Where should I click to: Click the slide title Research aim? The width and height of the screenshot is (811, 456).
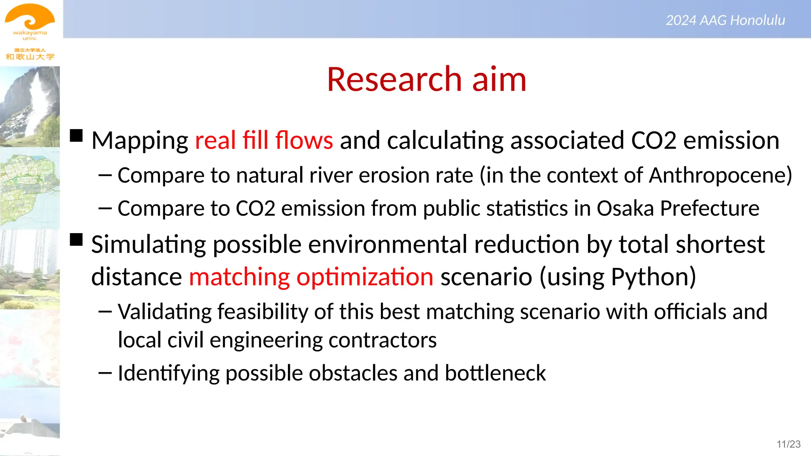(426, 79)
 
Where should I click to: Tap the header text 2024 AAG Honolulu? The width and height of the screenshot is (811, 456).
(725, 20)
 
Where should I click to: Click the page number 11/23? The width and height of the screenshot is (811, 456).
(788, 444)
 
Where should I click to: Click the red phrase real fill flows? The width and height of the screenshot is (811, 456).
(264, 140)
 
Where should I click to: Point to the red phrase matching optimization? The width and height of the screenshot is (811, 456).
(311, 277)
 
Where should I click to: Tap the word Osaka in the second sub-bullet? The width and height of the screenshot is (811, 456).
(625, 209)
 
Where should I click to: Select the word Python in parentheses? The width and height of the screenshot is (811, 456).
(649, 277)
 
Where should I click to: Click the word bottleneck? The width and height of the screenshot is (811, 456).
(495, 373)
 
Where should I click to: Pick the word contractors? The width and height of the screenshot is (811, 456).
(382, 340)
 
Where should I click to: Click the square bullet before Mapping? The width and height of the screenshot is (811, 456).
(76, 136)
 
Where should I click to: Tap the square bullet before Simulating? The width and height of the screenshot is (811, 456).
(76, 240)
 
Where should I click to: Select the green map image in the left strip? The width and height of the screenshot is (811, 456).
(30, 188)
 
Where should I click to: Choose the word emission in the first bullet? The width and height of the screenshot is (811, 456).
(731, 140)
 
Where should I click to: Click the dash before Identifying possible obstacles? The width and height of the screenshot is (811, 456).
(105, 373)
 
